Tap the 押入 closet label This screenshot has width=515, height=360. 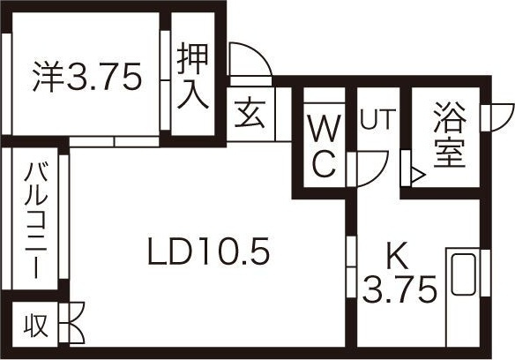[x=193, y=76]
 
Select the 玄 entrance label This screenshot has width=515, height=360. [x=250, y=113]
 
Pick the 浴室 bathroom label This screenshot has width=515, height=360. [x=450, y=135]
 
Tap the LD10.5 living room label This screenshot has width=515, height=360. [x=209, y=251]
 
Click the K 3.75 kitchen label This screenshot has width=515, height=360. [x=399, y=273]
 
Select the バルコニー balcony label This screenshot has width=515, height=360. [x=36, y=221]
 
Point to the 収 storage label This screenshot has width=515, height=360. [x=36, y=326]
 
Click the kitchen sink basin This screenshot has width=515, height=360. [x=464, y=274]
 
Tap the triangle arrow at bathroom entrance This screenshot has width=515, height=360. [x=418, y=176]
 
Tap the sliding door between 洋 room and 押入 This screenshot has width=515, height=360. [x=165, y=80]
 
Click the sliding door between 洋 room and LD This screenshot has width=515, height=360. [x=115, y=142]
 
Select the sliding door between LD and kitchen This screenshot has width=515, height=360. [x=352, y=267]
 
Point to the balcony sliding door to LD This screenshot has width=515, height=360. [x=63, y=217]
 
